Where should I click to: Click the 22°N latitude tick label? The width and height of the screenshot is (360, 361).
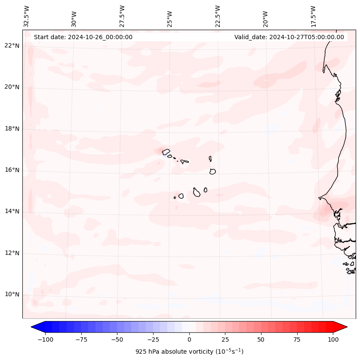pos(12,46)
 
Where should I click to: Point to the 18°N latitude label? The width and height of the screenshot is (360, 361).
pos(12,129)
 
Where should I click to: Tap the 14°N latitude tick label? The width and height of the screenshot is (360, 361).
pos(12,211)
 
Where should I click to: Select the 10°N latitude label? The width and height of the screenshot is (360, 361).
pos(12,295)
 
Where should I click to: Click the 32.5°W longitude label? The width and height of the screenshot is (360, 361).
pos(27,16)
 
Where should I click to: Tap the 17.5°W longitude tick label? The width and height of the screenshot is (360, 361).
pos(314,16)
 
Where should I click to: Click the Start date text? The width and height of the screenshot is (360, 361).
pos(83,37)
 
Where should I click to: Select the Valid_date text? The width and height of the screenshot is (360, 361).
pos(289,37)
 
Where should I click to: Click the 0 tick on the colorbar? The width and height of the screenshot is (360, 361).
pos(189,339)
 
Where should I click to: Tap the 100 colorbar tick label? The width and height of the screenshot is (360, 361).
pos(333,339)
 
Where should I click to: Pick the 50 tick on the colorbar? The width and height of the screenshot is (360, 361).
pos(261,339)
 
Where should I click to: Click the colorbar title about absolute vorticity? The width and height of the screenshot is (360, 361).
pos(189,352)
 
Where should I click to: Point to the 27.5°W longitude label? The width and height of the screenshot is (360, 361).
pos(122,16)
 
